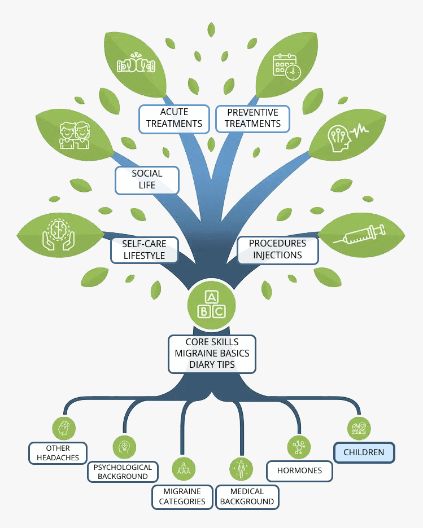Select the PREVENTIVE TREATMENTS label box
coord(254,118)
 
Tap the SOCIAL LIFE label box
coord(147,179)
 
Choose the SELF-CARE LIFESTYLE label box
coord(143,250)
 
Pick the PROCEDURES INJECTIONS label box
coord(277,249)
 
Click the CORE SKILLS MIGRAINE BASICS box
coord(212,354)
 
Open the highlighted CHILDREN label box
coord(364,452)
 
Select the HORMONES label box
coord(300,470)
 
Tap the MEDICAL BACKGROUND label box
coord(247,496)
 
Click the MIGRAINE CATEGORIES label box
coord(182,496)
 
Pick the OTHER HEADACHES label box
coord(58,453)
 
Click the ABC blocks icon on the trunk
coord(212,305)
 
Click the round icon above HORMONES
coord(298,446)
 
